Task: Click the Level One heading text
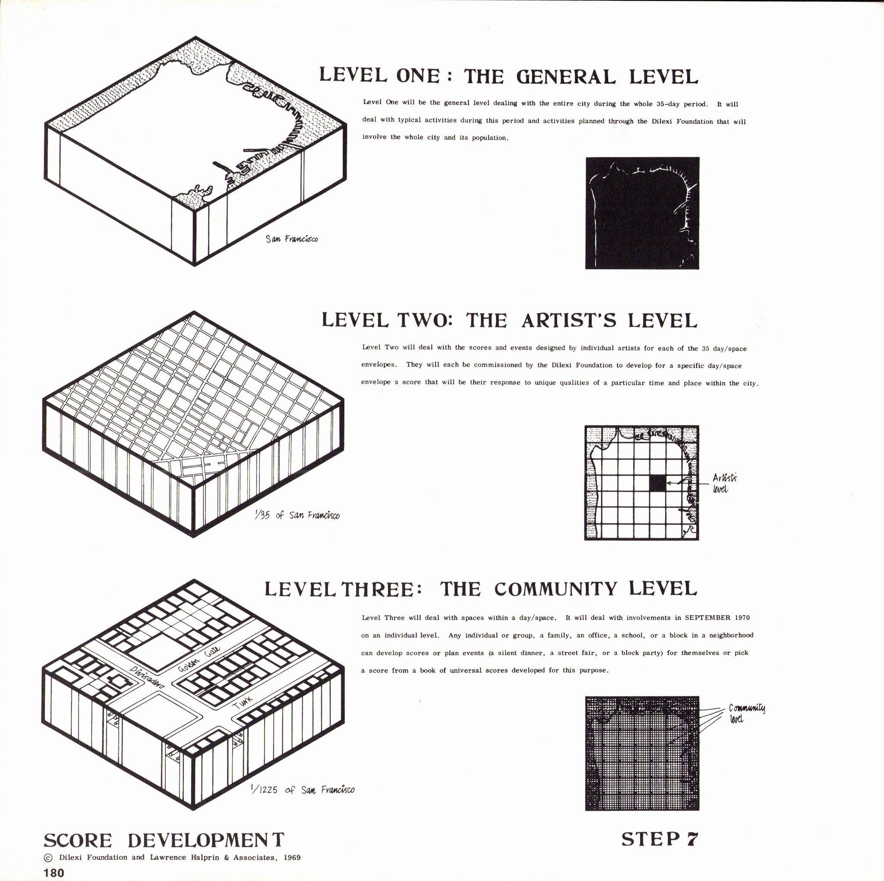point(508,76)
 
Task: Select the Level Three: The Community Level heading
point(480,589)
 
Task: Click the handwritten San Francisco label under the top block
point(291,238)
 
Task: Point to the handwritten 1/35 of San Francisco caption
point(297,515)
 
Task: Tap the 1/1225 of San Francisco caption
point(303,790)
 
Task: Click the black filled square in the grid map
point(657,483)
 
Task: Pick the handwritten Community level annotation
point(746,713)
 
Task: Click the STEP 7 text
point(660,839)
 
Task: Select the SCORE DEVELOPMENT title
point(164,840)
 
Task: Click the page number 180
point(54,872)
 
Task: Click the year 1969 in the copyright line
point(292,858)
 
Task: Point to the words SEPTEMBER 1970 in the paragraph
point(717,617)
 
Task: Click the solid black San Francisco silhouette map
point(642,213)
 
